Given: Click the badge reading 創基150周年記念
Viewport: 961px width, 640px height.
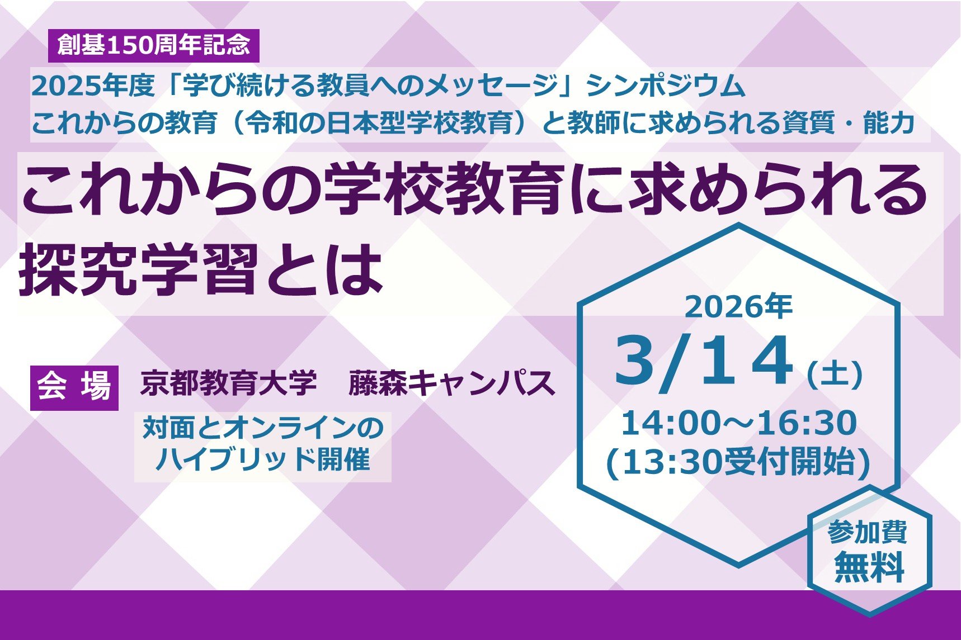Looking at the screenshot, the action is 153,45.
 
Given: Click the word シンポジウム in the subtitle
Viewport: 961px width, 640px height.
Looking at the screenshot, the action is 666,86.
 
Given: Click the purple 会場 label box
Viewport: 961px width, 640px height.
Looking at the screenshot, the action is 74,387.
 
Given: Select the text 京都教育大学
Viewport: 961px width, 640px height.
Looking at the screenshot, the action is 228,384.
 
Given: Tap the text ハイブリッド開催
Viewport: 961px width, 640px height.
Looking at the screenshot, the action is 263,460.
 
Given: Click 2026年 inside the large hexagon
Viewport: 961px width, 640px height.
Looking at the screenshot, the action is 738,307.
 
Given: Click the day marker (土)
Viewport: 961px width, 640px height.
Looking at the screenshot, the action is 835,374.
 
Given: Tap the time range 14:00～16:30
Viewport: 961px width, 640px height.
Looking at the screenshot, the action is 738,423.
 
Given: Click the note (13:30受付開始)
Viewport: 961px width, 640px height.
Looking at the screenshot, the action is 738,463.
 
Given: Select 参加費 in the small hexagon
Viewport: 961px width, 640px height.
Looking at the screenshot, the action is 868,533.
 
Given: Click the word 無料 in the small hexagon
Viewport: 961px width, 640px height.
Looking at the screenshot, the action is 869,567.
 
